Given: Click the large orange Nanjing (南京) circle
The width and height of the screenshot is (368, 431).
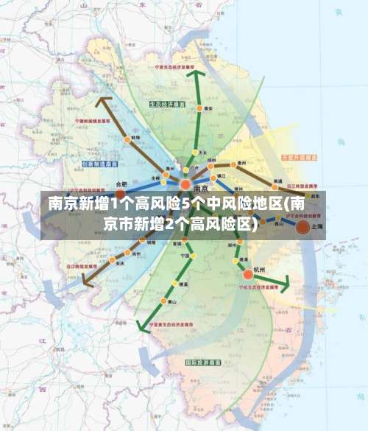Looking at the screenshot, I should (185, 184).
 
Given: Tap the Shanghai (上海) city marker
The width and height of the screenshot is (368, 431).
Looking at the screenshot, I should (302, 228).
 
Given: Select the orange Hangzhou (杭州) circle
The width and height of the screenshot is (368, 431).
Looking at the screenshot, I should (248, 274).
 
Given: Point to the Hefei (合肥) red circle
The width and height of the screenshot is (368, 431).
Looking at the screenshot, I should (120, 194).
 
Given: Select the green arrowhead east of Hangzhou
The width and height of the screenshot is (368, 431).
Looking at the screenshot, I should (285, 282).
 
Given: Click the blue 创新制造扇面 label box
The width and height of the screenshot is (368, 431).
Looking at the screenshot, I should (101, 164).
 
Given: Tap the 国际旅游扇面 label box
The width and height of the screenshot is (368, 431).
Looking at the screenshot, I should (202, 362).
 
